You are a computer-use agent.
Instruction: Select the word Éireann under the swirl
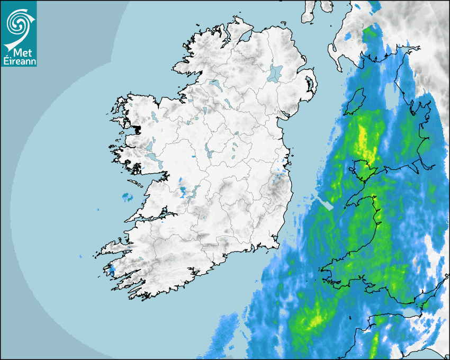click(19, 61)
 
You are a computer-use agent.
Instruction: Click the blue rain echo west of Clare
click(128, 198)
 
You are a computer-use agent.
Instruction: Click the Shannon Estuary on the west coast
click(154, 217)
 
